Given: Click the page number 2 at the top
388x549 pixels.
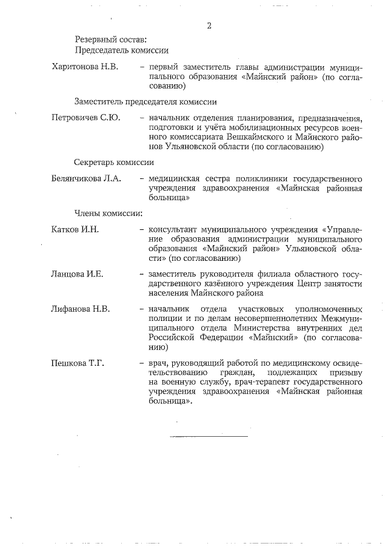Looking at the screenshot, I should point(209,25).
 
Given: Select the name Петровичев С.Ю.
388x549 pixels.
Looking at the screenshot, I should point(85,117).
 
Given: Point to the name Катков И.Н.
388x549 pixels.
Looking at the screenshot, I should point(75,230).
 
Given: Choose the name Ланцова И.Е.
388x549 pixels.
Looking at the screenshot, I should point(78,274).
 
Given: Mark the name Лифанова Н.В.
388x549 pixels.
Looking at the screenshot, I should point(81,309).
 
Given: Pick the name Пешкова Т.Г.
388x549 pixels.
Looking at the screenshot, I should point(78,363).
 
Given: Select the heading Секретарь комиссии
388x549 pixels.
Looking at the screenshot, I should point(114,163).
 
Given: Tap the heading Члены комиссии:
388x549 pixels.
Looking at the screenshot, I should point(108,213).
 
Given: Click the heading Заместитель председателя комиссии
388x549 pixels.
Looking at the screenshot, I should point(145,101).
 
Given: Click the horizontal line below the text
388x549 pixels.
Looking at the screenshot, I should point(209,436).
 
